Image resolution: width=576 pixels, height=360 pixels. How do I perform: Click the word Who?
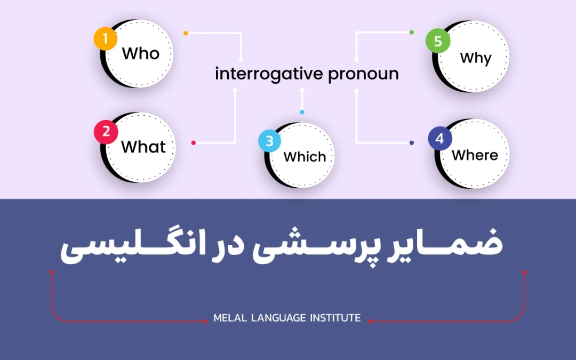tap(141, 54)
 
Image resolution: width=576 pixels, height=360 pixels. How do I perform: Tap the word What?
tap(143, 147)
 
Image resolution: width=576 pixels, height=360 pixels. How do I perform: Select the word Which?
tap(305, 157)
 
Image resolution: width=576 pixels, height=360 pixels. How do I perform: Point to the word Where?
tap(475, 155)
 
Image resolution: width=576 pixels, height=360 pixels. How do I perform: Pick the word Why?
tap(475, 58)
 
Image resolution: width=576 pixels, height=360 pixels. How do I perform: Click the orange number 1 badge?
tap(106, 39)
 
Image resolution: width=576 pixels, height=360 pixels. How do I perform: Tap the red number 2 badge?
tap(106, 132)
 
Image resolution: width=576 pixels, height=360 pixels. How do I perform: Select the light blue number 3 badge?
tap(269, 141)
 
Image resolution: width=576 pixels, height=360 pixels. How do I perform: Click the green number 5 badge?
tap(438, 42)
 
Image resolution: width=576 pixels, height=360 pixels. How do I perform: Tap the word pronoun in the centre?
tap(363, 74)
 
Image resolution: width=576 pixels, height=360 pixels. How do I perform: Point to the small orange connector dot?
tap(186, 33)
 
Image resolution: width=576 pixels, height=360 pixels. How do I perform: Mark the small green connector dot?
tap(411, 33)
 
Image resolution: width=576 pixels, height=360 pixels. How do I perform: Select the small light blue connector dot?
tap(302, 112)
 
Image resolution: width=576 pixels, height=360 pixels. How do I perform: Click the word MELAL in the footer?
tap(229, 318)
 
